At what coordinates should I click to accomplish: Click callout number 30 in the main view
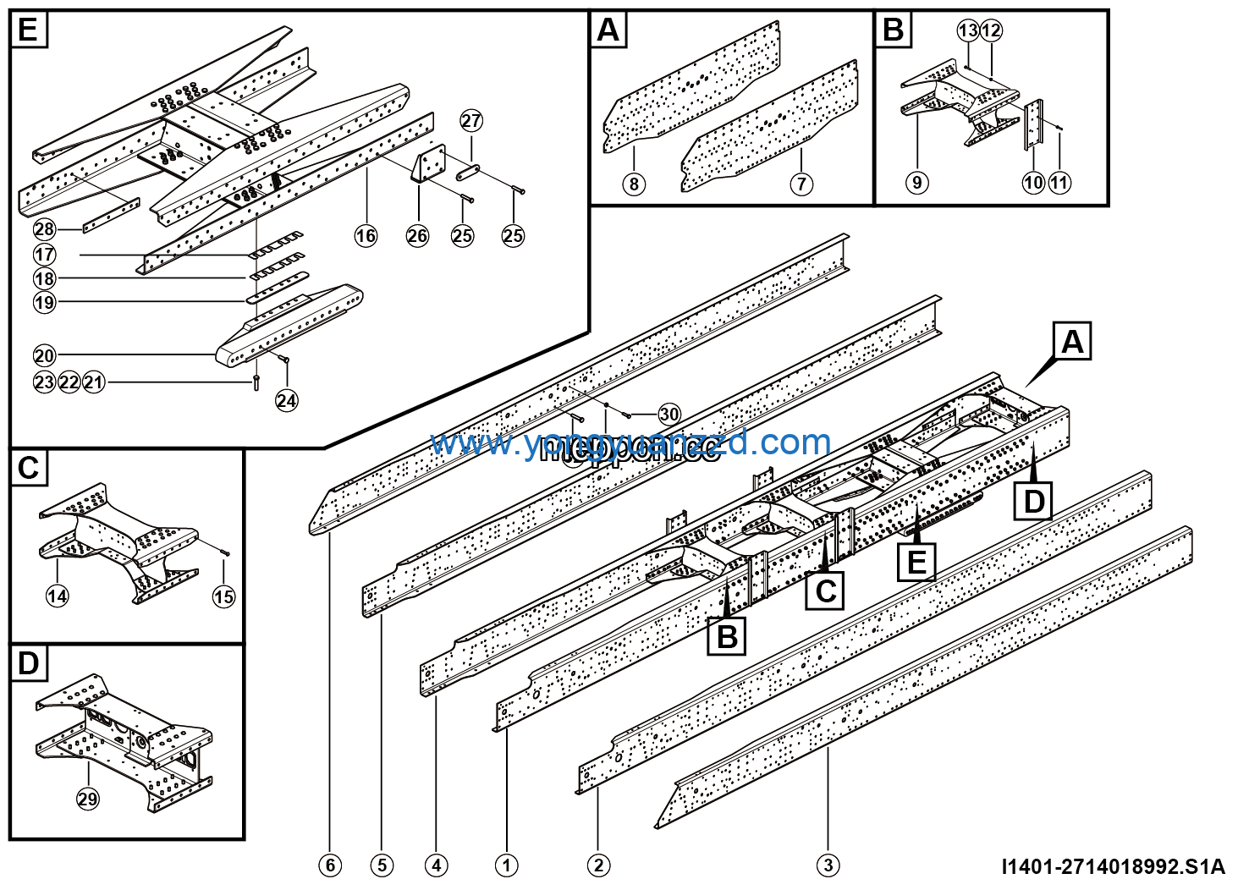669,414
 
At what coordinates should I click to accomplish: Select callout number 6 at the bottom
330,865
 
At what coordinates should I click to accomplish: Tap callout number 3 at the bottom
828,865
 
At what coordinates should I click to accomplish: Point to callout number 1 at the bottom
506,865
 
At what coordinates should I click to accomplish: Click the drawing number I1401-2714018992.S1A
1113,866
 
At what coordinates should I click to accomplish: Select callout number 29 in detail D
88,799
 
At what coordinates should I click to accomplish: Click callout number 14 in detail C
57,596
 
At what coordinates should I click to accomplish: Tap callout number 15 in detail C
223,596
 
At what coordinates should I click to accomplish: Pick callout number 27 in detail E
471,120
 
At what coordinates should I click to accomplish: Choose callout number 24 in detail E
287,400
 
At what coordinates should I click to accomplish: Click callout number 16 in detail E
366,235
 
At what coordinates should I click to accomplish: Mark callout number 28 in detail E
44,228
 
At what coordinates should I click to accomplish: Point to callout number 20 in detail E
44,355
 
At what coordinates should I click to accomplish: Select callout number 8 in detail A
634,184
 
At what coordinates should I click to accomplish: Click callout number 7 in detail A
801,184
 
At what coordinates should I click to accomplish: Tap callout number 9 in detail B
916,182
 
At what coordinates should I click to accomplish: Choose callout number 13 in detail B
968,30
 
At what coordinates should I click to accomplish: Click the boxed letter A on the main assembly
1072,342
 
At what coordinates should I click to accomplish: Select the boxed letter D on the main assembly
1034,501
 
